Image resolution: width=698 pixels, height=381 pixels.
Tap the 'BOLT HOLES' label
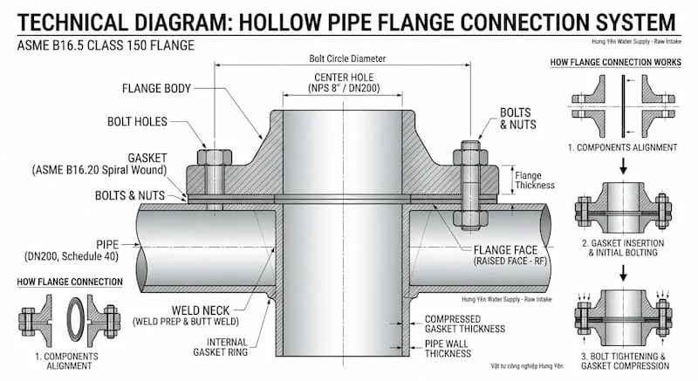click(137, 121)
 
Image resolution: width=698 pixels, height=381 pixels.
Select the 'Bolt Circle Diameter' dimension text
click(346, 59)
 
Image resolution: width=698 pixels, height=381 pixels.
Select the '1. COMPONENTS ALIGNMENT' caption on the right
click(620, 148)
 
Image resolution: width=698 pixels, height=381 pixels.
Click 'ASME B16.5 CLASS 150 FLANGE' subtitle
click(101, 44)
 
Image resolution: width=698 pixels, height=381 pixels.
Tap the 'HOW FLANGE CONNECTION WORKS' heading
click(614, 63)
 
